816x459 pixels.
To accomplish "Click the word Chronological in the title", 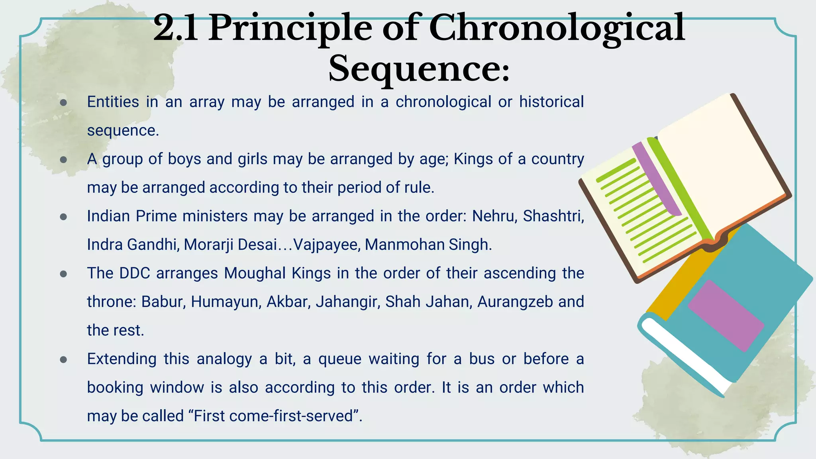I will (x=557, y=28).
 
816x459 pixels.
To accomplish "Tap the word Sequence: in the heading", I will (x=419, y=69).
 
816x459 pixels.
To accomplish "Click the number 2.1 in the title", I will (x=176, y=28).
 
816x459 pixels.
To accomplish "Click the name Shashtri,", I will (x=553, y=216).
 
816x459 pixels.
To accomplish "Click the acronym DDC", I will (x=135, y=273).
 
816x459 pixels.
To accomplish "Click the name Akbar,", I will (x=288, y=302).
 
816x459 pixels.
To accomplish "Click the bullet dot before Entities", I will (x=63, y=103).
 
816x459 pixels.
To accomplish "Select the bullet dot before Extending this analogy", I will (x=63, y=360).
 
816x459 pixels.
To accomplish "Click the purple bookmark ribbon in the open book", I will (x=657, y=179).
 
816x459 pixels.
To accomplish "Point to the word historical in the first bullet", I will (x=551, y=102).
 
